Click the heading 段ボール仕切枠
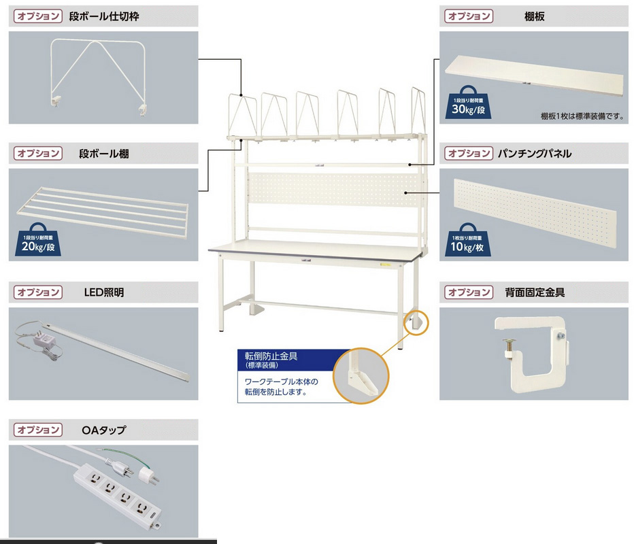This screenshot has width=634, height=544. tap(109, 16)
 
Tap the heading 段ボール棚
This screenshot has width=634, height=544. tap(103, 154)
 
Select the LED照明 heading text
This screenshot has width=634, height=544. tap(103, 292)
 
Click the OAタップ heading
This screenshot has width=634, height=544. tap(103, 430)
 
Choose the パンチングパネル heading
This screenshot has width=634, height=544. tap(537, 154)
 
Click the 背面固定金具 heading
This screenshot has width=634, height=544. tap(535, 292)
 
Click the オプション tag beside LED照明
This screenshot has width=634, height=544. tap(39, 292)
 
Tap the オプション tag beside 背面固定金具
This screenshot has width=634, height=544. tap(468, 292)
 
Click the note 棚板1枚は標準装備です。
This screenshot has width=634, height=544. tap(582, 116)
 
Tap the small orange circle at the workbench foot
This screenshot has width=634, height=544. tap(416, 322)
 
